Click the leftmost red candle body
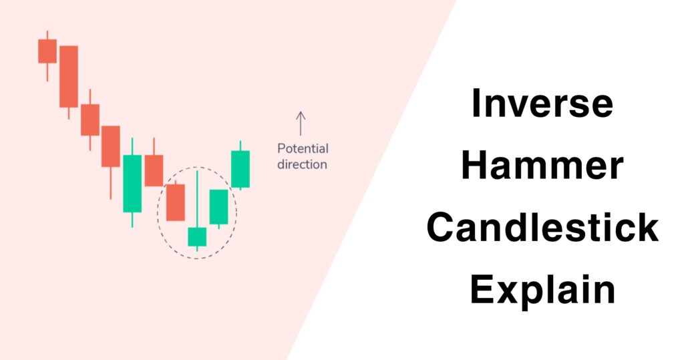pos(47,51)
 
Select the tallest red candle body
pos(68,76)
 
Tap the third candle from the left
pos(90,120)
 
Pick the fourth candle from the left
pos(111,146)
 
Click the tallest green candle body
pos(132,184)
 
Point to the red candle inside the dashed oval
pos(175,202)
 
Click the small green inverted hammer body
pos(197,237)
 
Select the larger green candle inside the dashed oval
pos(218,207)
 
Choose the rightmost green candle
pos(240,169)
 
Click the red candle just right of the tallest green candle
pos(154,170)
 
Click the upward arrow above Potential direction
pos(301,124)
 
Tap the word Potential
pos(303,149)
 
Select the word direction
pos(303,164)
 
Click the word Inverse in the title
pos(542,104)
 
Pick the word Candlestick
pos(542,228)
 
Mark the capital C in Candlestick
pos(444,228)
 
